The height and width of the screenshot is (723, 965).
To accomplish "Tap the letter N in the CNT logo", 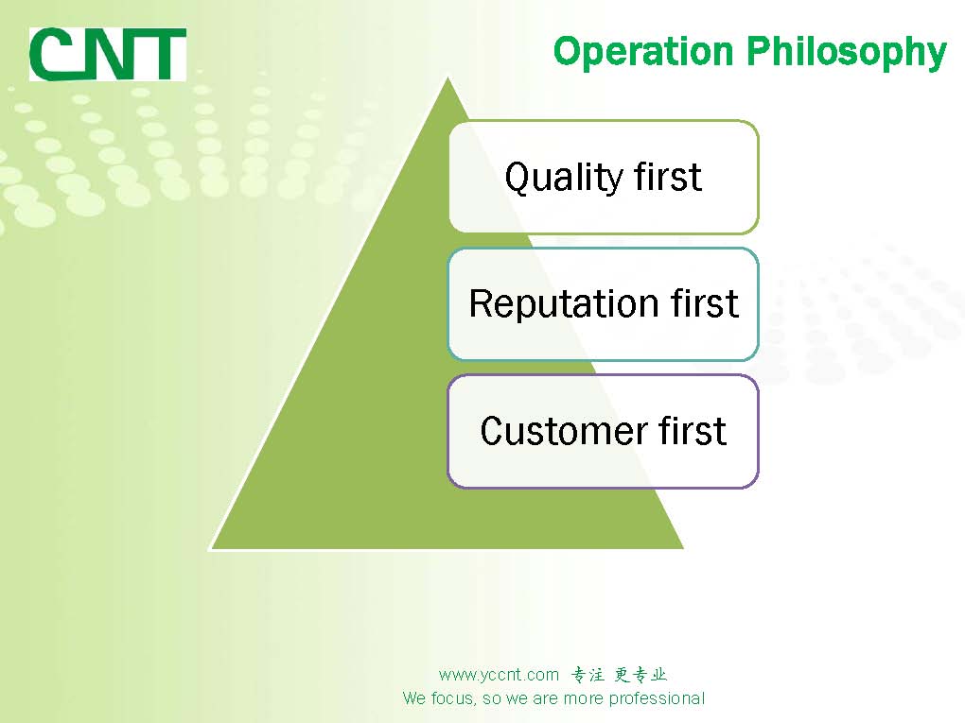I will (106, 55).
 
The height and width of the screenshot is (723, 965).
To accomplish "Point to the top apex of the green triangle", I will (447, 79).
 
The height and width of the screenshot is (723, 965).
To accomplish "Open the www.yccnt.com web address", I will (499, 675).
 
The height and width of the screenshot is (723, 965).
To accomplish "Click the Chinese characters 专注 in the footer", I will (588, 675).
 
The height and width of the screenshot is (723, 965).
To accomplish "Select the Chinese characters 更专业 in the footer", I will (640, 675).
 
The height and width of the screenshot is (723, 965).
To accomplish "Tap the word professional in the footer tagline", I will (657, 699).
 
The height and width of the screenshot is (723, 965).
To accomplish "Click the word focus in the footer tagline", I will (449, 699).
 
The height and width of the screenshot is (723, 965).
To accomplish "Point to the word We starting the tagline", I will (413, 699).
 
